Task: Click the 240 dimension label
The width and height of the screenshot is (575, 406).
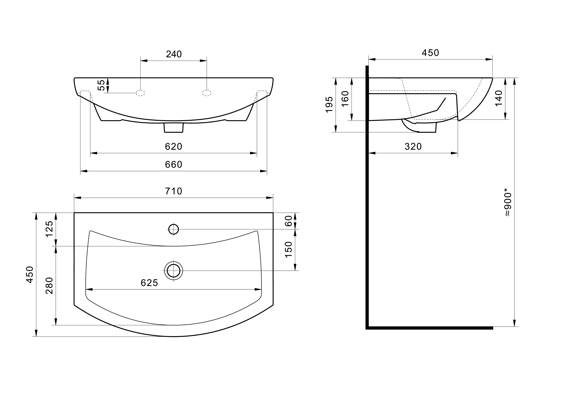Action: click(174, 54)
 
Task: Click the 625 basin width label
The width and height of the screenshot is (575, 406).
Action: click(149, 283)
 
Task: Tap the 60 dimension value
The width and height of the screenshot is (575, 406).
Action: click(288, 221)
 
